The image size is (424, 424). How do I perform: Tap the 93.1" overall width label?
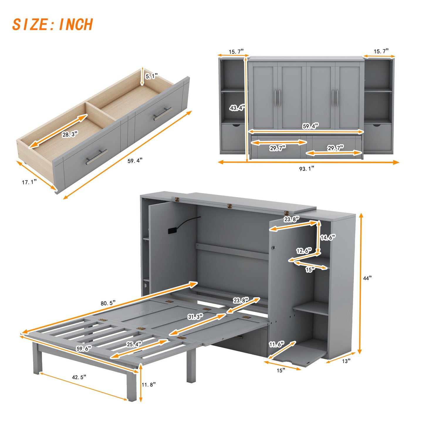(x=307, y=168)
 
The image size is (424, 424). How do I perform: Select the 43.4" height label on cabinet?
(x=237, y=108)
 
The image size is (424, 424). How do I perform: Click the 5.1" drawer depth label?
(x=151, y=76)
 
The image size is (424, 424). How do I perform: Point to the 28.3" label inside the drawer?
(x=70, y=134)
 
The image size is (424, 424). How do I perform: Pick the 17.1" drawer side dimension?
(x=29, y=182)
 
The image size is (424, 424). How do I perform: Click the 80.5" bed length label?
(x=108, y=303)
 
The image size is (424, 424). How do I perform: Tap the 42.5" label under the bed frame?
(x=79, y=377)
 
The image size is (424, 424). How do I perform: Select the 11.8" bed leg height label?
(x=148, y=384)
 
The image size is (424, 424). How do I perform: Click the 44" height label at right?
(x=367, y=278)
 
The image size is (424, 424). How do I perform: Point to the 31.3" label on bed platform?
(x=195, y=317)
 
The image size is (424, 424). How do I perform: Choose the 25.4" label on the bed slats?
(x=134, y=344)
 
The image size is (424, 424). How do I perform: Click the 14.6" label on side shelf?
(x=328, y=237)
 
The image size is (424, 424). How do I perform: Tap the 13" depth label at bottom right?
(x=346, y=361)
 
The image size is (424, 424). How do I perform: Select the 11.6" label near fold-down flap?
(x=277, y=344)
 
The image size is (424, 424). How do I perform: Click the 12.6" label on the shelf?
(x=304, y=251)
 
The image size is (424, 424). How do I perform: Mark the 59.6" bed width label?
(x=84, y=349)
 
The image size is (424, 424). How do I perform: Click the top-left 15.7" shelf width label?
(x=236, y=52)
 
